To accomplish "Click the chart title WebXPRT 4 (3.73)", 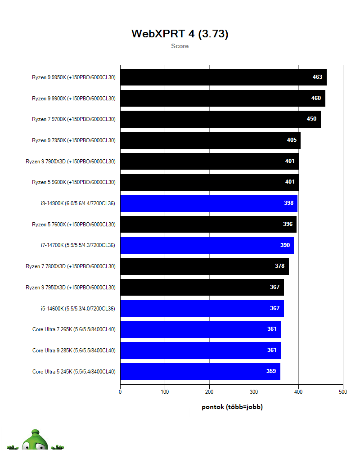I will pos(180,34).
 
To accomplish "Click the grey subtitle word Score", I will pos(180,46).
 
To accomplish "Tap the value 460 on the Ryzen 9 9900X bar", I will pos(316,98).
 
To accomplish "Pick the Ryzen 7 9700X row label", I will pos(73,119).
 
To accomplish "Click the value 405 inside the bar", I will pos(292,140).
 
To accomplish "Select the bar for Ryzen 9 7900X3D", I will pos(209,161).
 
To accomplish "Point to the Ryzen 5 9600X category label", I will pos(73,182).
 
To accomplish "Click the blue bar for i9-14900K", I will pos(208,203).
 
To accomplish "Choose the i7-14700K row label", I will pos(77,245).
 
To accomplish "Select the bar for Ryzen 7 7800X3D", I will pos(204,266).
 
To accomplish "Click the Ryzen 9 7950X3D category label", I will pos(70,288).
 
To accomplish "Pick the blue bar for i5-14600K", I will pos(202,308).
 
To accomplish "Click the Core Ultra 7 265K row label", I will pos(74,329).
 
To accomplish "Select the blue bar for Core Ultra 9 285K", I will pos(200,351).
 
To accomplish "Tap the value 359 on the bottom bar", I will pos(271,372).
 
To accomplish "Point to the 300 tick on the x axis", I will pos(254,392).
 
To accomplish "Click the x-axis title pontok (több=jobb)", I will pos(232,407).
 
